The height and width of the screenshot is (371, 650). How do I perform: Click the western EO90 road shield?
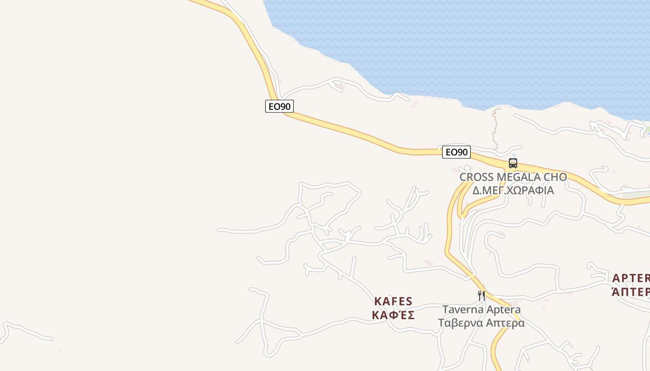pyautogui.click(x=279, y=106)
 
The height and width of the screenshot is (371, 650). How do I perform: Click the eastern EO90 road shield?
pyautogui.click(x=456, y=152)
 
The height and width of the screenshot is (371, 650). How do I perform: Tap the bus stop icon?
pyautogui.click(x=513, y=163)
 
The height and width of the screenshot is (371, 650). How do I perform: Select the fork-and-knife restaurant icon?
pyautogui.click(x=481, y=295)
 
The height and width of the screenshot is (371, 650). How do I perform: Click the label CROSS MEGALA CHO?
pyautogui.click(x=513, y=177)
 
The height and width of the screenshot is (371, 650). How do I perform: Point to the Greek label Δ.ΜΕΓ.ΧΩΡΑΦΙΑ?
pyautogui.click(x=513, y=190)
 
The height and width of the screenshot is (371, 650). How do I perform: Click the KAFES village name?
pyautogui.click(x=393, y=301)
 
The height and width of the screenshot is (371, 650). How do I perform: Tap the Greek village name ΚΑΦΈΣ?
pyautogui.click(x=393, y=315)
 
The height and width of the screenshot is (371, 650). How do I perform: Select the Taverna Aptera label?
pyautogui.click(x=481, y=309)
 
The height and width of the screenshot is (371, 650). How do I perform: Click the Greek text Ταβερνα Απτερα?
pyautogui.click(x=481, y=323)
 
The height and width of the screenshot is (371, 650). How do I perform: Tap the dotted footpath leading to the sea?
pyautogui.click(x=495, y=128)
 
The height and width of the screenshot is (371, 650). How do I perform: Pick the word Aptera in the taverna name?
pyautogui.click(x=501, y=309)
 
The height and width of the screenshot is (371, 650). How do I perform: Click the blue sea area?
pyautogui.click(x=464, y=46)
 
